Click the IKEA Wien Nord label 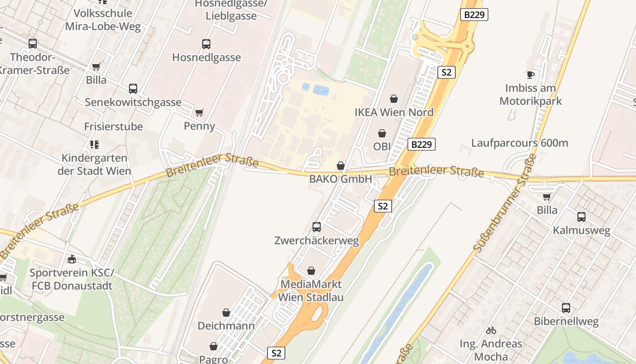click(394, 112)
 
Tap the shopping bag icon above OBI click(382, 133)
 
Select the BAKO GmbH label click(340, 179)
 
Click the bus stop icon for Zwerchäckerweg click(317, 227)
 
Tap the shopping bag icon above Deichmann click(226, 313)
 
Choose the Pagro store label click(214, 359)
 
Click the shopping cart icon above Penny click(199, 112)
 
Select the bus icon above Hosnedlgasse click(206, 44)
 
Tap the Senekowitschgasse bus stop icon click(133, 89)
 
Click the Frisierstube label click(114, 126)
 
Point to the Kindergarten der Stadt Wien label click(94, 165)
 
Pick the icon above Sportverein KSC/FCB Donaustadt click(71, 259)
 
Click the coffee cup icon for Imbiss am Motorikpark click(530, 75)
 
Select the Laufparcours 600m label click(519, 143)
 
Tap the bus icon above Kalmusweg click(581, 217)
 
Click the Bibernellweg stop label click(566, 322)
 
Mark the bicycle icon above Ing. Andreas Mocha click(491, 330)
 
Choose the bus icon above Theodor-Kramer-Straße click(33, 44)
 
